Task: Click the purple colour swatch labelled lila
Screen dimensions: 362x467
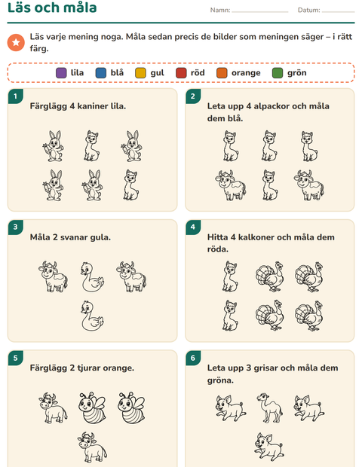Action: (61, 73)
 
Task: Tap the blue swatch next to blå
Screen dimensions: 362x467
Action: (101, 73)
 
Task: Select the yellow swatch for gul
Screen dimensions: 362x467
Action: (140, 73)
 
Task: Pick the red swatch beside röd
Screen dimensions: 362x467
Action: (181, 73)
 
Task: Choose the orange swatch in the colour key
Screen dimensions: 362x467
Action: (222, 73)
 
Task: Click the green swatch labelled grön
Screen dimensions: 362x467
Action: (278, 73)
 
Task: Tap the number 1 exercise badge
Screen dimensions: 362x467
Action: (16, 96)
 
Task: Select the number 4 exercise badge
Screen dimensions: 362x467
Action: (193, 227)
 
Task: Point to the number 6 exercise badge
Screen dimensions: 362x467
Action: (193, 358)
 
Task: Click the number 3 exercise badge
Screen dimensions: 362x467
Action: (16, 227)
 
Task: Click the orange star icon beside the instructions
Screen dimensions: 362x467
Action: (16, 43)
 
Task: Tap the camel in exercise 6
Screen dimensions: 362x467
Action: (269, 407)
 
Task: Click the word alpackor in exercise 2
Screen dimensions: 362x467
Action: (271, 106)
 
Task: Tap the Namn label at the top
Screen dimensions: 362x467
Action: (220, 10)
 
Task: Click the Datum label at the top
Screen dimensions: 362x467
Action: (309, 10)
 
